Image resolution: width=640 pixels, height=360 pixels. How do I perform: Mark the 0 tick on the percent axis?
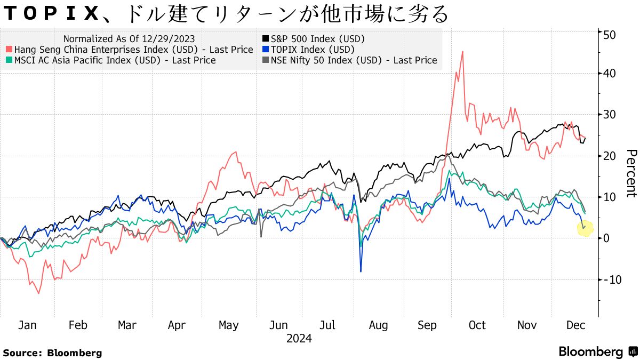[606, 238]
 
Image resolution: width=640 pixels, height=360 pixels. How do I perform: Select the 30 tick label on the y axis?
[610, 115]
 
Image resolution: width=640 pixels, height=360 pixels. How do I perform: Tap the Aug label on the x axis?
[378, 325]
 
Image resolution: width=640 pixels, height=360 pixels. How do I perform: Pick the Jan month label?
[27, 325]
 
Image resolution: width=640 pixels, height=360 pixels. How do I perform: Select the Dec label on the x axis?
[576, 325]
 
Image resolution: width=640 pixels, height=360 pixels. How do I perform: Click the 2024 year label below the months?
[299, 339]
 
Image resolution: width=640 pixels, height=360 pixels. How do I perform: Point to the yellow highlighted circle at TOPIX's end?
[585, 228]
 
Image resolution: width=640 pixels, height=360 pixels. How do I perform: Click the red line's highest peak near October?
[462, 52]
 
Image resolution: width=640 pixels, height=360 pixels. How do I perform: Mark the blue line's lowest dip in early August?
[361, 271]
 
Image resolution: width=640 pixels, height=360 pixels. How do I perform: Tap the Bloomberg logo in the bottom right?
[598, 352]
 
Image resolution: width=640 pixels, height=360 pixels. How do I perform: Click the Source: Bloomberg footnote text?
[52, 353]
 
